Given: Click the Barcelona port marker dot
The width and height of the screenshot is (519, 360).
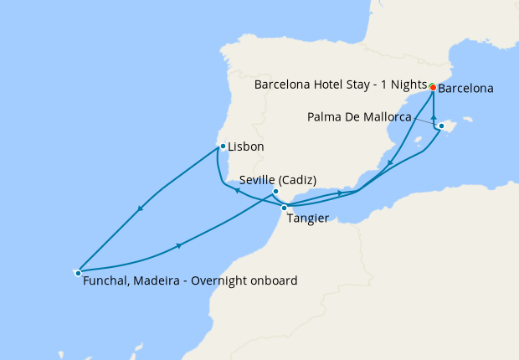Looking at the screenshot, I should [x=432, y=87].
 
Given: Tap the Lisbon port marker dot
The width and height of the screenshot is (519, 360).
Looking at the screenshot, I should [x=222, y=147].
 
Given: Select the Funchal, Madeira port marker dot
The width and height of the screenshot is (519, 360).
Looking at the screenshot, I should [x=78, y=272].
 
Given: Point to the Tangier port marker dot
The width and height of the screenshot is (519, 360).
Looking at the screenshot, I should [x=285, y=208].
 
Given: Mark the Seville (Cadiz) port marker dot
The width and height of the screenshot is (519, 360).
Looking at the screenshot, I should [x=275, y=192].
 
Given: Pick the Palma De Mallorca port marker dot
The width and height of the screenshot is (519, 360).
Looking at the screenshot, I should [x=441, y=126].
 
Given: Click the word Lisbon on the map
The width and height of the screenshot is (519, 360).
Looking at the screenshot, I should [x=246, y=147].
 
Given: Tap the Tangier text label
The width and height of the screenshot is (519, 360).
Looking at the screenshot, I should [x=307, y=219].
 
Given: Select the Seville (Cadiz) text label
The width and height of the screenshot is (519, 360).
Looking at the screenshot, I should [x=277, y=179].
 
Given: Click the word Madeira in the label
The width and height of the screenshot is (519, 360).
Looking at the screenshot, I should [x=157, y=281].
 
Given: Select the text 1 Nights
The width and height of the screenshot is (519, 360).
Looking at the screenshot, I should [x=403, y=85].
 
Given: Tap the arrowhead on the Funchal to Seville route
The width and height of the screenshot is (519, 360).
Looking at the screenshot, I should [x=179, y=246].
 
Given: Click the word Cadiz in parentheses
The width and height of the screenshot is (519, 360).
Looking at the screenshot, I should [x=298, y=179].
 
